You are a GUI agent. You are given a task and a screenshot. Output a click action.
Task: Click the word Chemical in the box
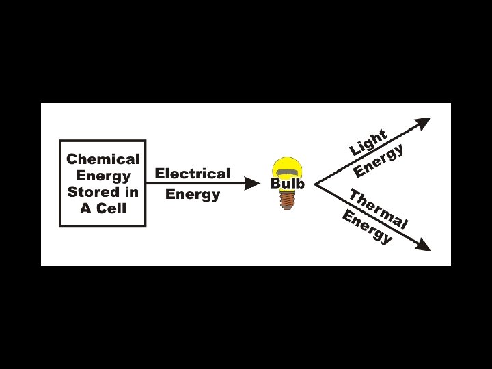102,159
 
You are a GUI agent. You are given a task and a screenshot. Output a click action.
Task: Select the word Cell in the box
111,208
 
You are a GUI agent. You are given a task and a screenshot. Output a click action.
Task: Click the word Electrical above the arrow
193,174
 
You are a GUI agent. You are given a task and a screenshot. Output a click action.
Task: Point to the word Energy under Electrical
193,194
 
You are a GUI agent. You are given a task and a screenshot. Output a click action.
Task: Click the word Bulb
288,184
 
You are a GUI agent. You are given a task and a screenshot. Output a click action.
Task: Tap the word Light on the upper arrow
369,142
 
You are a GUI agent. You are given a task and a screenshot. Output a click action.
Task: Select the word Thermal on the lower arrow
379,208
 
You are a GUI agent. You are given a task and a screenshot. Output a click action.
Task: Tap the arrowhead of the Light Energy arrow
424,123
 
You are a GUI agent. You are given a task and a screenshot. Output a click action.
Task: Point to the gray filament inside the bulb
288,171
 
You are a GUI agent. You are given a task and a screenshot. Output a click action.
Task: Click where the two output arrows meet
316,183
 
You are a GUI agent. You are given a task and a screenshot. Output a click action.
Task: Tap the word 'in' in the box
131,192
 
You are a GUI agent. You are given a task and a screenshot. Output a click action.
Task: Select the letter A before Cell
85,208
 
